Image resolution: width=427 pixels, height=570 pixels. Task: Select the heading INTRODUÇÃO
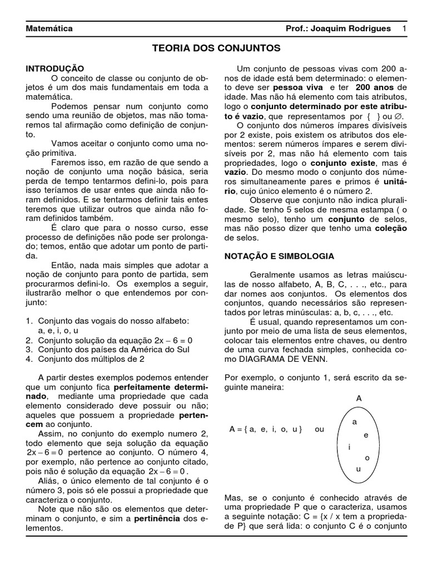pyautogui.click(x=55, y=68)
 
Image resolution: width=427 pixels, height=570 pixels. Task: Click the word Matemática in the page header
pyautogui.click(x=49, y=28)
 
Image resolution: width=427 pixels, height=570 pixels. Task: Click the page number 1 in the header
pyautogui.click(x=404, y=28)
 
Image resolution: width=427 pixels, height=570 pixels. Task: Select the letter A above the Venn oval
pyautogui.click(x=359, y=399)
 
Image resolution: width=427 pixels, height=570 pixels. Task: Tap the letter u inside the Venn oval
pyautogui.click(x=358, y=469)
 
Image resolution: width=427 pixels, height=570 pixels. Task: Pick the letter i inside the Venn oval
pyautogui.click(x=349, y=447)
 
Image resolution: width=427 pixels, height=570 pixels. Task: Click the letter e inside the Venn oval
pyautogui.click(x=366, y=435)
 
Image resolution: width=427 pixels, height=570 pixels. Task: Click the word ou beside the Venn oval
pyautogui.click(x=319, y=430)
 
